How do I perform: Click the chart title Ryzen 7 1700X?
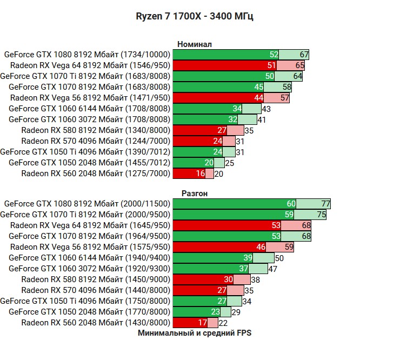click(x=194, y=16)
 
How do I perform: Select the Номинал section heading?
click(x=194, y=44)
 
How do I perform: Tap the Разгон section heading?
click(x=194, y=193)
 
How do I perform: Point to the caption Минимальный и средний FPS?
click(x=194, y=333)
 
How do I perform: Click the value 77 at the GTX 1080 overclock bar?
click(x=325, y=204)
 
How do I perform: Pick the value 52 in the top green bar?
click(x=274, y=55)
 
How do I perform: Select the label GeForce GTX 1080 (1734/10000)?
click(x=87, y=55)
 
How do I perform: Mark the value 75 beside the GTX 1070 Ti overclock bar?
click(x=321, y=215)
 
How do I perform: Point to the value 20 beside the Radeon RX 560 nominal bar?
click(x=218, y=174)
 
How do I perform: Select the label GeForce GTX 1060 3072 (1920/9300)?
click(x=89, y=269)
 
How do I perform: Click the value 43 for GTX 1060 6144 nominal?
click(x=266, y=109)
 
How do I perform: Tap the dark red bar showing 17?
click(x=189, y=323)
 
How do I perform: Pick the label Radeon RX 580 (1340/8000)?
click(x=96, y=130)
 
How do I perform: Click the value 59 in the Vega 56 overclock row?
click(x=289, y=247)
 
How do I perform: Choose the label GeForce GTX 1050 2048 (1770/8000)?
click(x=89, y=312)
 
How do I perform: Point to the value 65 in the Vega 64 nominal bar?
click(x=299, y=65)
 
